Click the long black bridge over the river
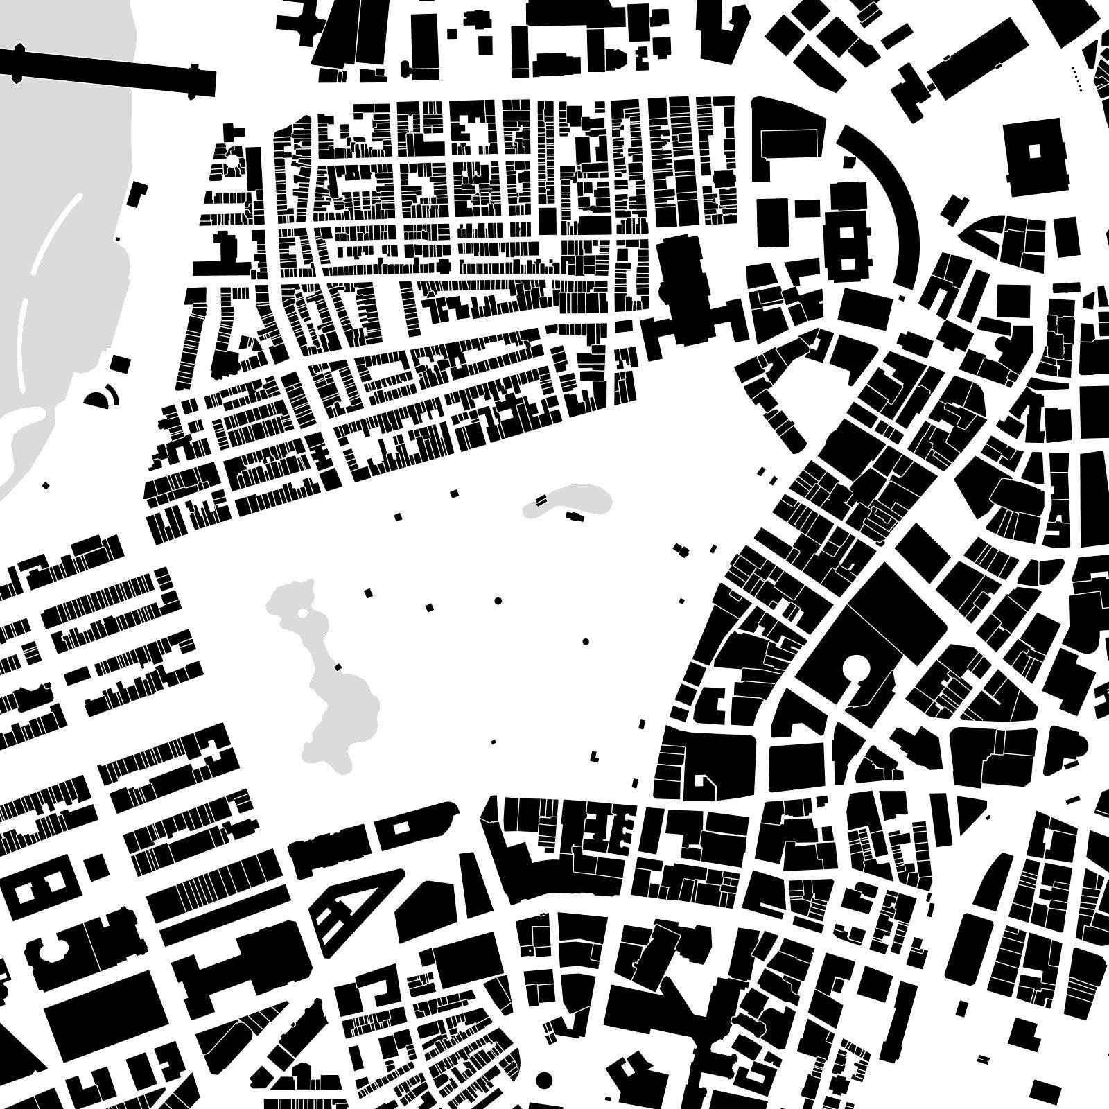(104, 69)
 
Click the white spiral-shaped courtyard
(704, 783)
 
